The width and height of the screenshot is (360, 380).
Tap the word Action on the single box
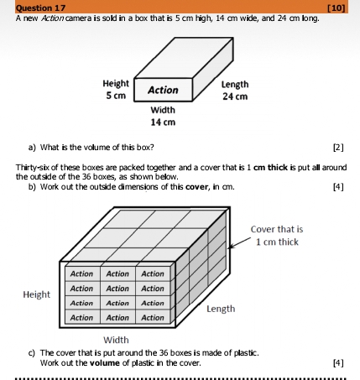[163, 90]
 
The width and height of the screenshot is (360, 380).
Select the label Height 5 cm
[116, 90]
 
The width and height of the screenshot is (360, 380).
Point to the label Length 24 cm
[234, 90]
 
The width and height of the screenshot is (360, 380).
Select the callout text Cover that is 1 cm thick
[277, 236]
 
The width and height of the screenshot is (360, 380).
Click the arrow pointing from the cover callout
[240, 244]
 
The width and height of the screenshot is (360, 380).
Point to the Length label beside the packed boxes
[220, 309]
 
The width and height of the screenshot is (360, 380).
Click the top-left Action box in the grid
[82, 274]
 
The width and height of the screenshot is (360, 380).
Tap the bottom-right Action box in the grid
[152, 318]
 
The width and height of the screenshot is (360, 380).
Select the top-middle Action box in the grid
[117, 274]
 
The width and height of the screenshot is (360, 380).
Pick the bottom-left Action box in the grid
[82, 318]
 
